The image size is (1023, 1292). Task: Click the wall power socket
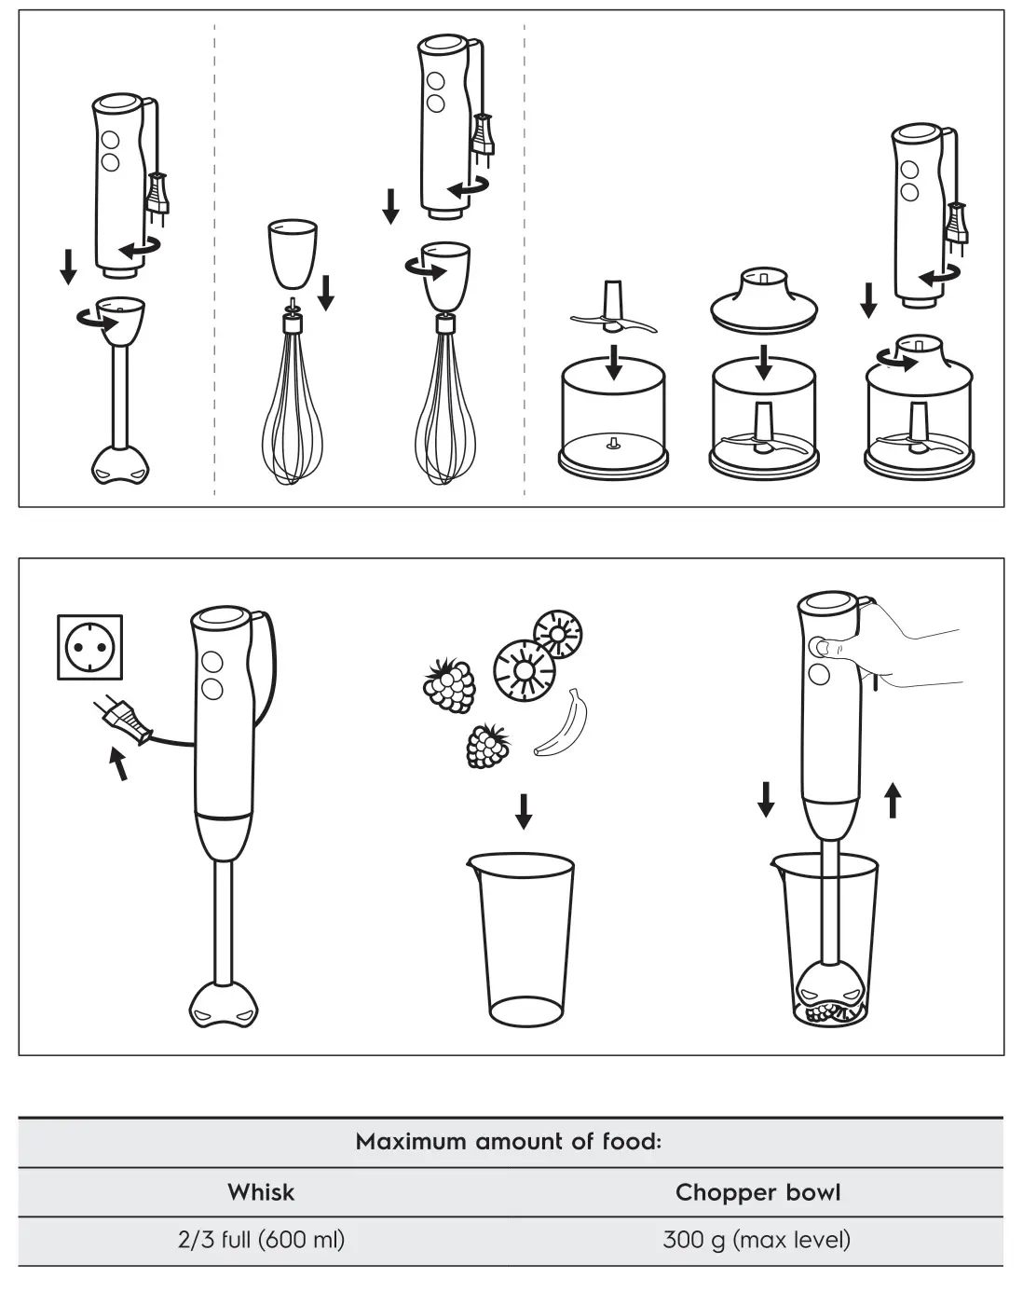[89, 647]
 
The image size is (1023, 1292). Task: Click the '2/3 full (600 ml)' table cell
[261, 1240]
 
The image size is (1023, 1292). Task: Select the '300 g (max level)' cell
[757, 1240]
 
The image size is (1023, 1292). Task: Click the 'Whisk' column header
[261, 1192]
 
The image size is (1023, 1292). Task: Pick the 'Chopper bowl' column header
[757, 1192]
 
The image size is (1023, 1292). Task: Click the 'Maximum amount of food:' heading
[509, 1142]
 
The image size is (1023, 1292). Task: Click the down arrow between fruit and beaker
[524, 811]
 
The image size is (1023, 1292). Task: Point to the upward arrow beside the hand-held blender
[893, 800]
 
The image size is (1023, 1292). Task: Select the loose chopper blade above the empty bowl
[613, 310]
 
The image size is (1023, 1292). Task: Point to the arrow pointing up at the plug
[117, 763]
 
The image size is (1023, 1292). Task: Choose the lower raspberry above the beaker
[487, 747]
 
